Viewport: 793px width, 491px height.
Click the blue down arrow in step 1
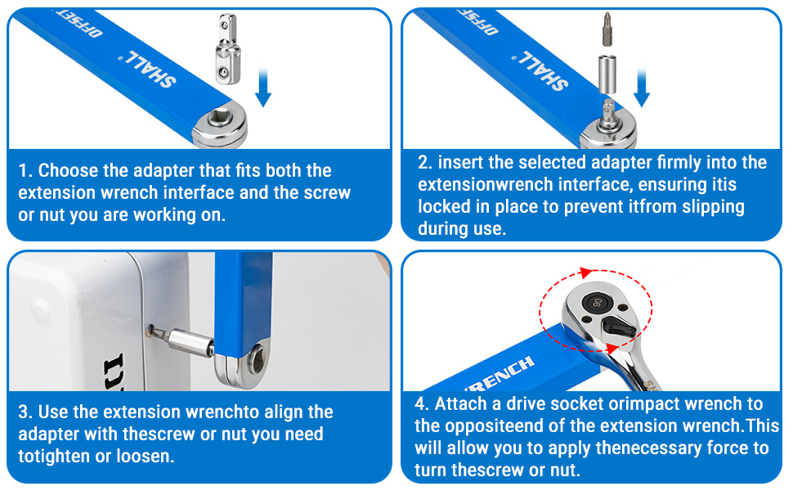(x=263, y=87)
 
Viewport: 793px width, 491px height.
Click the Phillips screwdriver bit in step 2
(x=607, y=29)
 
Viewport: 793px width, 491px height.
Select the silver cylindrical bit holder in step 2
(x=607, y=74)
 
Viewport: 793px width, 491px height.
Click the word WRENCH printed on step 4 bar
(x=500, y=375)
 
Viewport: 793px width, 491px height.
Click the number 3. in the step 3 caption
(x=26, y=412)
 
